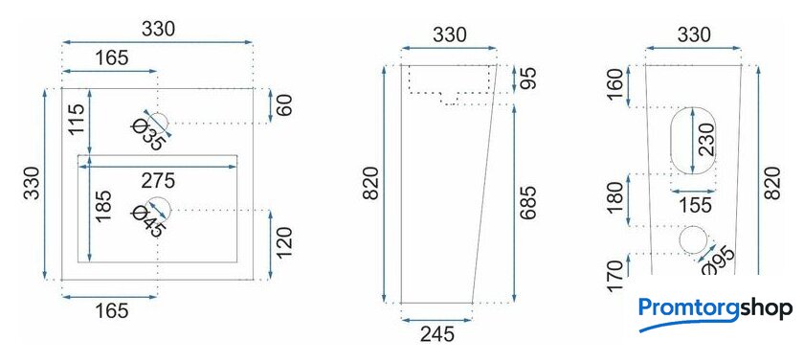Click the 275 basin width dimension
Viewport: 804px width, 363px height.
159,181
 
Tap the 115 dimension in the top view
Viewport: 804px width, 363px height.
77,119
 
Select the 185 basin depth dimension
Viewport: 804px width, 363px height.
103,206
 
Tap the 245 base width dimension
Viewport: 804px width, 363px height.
437,335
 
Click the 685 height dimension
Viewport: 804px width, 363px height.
529,202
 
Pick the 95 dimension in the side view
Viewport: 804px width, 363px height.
529,78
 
